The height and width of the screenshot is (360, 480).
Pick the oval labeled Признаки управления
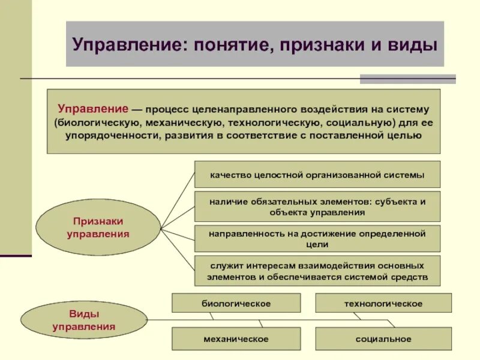coord(98,228)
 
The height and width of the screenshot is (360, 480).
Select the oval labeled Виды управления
coord(84,320)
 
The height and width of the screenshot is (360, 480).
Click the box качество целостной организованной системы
coord(317,175)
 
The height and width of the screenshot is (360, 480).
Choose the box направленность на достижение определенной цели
coord(317,239)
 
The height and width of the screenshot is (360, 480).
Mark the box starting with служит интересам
coord(317,271)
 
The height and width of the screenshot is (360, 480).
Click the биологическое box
coord(236,304)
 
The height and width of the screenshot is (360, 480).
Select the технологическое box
coord(383,304)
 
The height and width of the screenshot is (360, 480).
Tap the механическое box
coord(236,339)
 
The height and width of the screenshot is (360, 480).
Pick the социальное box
coord(383,339)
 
